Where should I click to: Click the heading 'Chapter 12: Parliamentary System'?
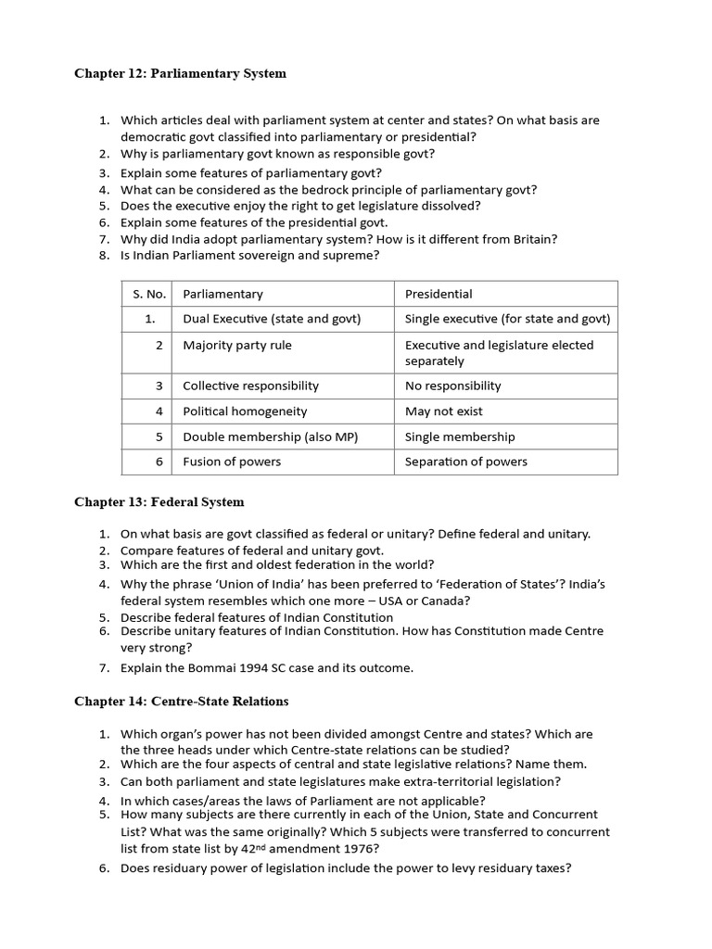(x=180, y=74)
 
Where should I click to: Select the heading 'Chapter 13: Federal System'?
(x=159, y=502)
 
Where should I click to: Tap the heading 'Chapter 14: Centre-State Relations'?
(x=182, y=702)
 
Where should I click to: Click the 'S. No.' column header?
(x=148, y=294)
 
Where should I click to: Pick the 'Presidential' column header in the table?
(x=439, y=294)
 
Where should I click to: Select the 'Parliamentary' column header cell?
(x=222, y=294)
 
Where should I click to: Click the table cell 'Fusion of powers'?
(x=232, y=462)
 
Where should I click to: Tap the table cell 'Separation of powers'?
(x=466, y=462)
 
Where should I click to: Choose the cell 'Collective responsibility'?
(x=250, y=386)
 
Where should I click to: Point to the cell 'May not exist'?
(x=444, y=411)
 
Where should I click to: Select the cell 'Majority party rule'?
(x=237, y=345)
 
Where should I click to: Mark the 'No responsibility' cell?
(x=452, y=386)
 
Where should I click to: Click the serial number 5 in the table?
(x=159, y=437)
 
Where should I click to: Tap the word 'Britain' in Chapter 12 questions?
(x=533, y=239)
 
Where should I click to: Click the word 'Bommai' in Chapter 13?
(x=206, y=667)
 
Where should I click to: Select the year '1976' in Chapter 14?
(x=362, y=848)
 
